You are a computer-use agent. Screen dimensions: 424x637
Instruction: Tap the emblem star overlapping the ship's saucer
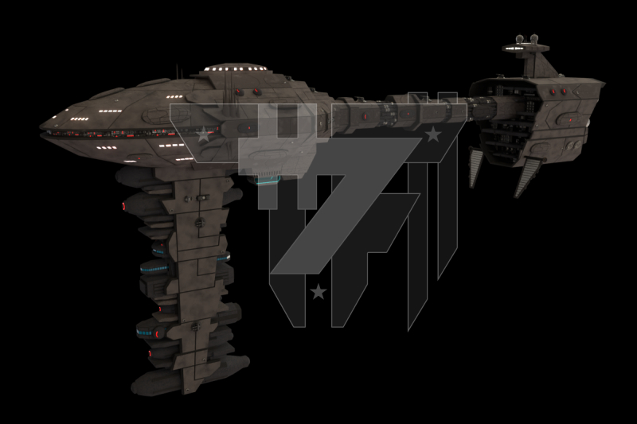pyautogui.click(x=204, y=135)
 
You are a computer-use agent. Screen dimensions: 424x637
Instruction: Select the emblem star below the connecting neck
pyautogui.click(x=432, y=134)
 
